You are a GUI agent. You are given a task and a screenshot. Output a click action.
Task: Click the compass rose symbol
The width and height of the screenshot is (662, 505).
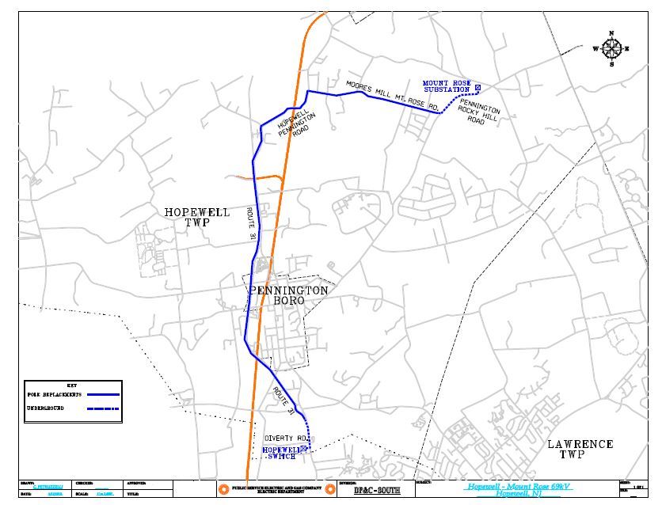point(611,47)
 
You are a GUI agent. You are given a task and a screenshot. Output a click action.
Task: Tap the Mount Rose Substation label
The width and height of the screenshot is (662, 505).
point(447,86)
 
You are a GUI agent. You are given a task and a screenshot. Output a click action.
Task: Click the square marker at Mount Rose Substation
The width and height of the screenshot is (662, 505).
point(477,86)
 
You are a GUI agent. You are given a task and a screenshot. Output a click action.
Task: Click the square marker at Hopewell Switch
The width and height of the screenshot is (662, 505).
point(302,450)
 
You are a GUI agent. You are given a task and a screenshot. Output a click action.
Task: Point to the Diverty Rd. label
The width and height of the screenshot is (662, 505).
point(285,438)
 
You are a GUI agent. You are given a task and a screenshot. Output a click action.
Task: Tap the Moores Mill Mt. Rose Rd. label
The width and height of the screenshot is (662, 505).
point(394,94)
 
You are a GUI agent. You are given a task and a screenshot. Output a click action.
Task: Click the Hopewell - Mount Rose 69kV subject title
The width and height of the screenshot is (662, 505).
point(519,486)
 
